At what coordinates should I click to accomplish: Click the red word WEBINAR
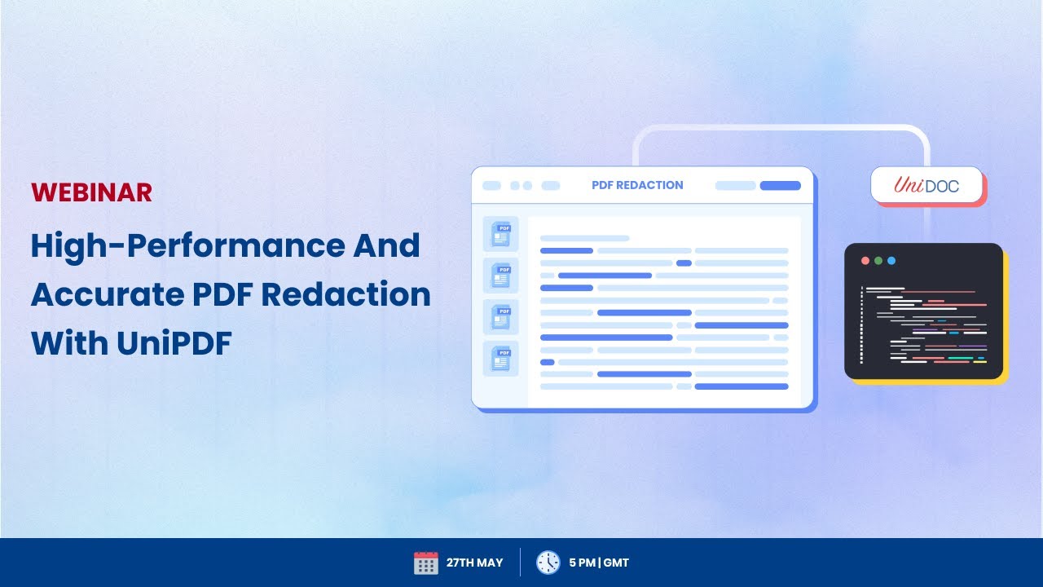[x=91, y=192]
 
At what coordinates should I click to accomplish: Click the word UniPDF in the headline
[x=174, y=343]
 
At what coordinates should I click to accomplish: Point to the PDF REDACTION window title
[x=637, y=185]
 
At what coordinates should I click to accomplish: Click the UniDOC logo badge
[x=926, y=185]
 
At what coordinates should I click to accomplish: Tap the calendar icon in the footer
[x=425, y=563]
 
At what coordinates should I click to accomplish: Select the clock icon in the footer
[x=548, y=563]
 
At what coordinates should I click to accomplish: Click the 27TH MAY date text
[x=474, y=563]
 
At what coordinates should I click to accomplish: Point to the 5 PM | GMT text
[x=599, y=563]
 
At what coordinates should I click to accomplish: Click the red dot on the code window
[x=865, y=261]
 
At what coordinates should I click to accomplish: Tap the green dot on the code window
[x=878, y=261]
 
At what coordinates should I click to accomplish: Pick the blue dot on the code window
[x=891, y=261]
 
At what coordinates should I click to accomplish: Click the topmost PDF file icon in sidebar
[x=500, y=234]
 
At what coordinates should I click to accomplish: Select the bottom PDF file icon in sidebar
[x=500, y=358]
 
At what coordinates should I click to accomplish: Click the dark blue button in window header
[x=780, y=186]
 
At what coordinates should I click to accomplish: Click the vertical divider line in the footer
[x=520, y=563]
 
